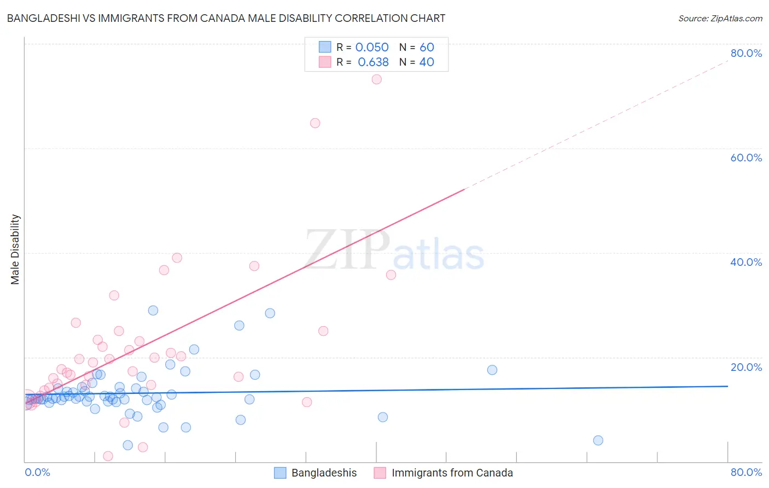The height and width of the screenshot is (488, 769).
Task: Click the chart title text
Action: click(x=226, y=18)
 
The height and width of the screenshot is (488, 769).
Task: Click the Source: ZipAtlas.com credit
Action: click(x=720, y=18)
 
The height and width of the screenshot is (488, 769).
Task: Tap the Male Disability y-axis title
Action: click(x=15, y=249)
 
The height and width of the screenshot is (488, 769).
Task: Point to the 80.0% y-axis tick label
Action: click(x=746, y=53)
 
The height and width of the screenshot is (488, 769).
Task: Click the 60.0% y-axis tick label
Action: click(x=746, y=158)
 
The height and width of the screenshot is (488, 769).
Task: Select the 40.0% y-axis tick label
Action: click(x=746, y=262)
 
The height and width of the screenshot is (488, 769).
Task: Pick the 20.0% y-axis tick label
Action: click(x=746, y=367)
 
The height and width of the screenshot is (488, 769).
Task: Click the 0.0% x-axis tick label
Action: click(x=37, y=472)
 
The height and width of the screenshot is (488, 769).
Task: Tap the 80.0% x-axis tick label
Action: click(x=746, y=472)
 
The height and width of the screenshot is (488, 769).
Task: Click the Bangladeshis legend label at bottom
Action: click(x=324, y=473)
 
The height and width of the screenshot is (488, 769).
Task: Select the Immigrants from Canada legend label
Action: click(x=452, y=473)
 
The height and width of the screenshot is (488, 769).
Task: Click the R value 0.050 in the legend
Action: click(x=372, y=47)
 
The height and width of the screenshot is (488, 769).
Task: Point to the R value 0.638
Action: click(x=373, y=62)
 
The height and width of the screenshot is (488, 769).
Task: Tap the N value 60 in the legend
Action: click(x=427, y=47)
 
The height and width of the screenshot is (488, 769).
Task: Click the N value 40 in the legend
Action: click(x=427, y=62)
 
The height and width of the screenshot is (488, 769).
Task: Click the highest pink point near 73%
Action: click(x=376, y=79)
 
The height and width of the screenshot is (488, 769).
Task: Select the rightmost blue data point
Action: click(x=598, y=440)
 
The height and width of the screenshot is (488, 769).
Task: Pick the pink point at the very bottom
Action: click(x=108, y=456)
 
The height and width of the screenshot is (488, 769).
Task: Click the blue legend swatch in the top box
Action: click(x=325, y=47)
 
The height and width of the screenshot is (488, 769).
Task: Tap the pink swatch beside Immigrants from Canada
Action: click(x=380, y=473)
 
